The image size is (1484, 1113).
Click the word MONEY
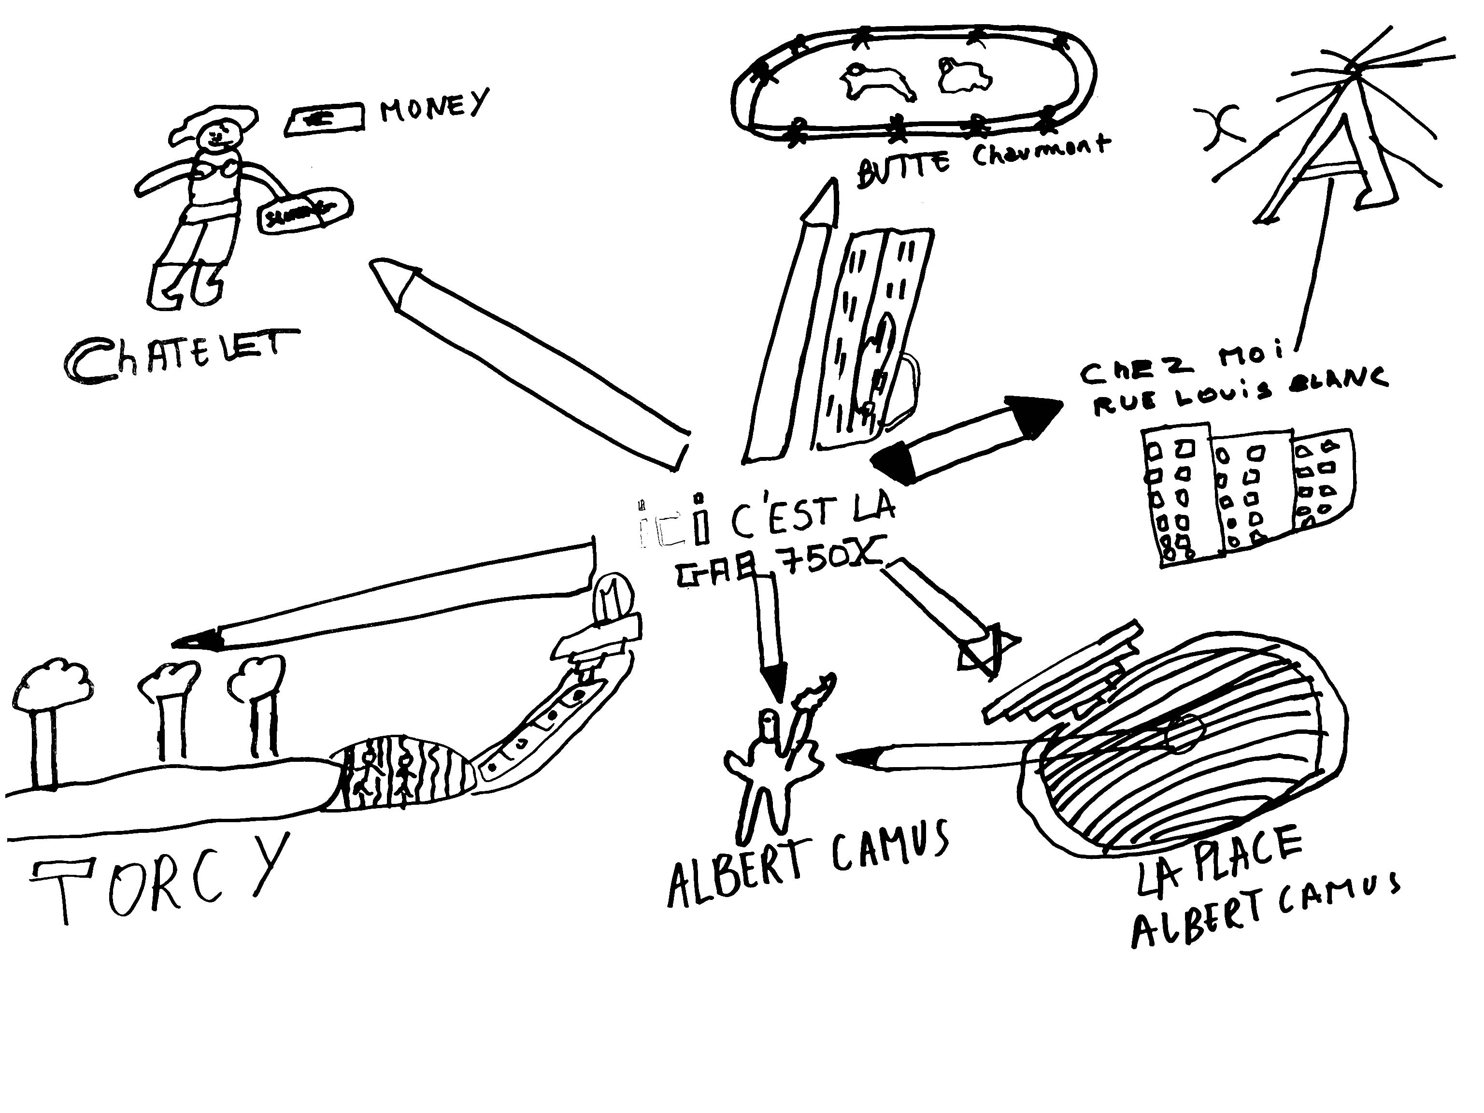pyautogui.click(x=435, y=106)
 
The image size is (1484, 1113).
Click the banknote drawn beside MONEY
pyautogui.click(x=326, y=119)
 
